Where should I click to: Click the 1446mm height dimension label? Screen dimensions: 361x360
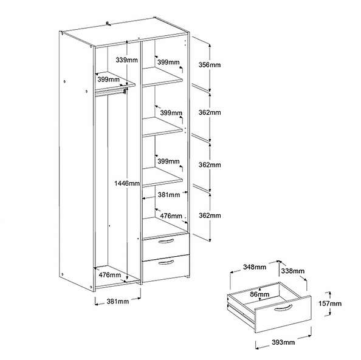(x=127, y=183)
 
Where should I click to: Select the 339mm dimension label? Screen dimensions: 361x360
(x=126, y=60)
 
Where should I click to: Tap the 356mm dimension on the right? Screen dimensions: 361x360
(x=210, y=65)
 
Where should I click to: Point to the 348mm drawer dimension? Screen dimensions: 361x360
(x=255, y=267)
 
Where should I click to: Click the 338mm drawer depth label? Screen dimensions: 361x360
(x=292, y=271)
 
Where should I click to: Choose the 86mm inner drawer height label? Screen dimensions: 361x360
(x=260, y=294)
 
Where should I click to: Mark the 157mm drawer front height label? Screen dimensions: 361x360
(x=329, y=304)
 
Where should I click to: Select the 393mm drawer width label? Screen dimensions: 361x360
(x=283, y=342)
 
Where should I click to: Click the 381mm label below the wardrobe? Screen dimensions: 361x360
(x=118, y=301)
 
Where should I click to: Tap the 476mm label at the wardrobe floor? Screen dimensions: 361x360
(x=110, y=274)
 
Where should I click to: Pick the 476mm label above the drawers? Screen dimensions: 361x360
(x=171, y=216)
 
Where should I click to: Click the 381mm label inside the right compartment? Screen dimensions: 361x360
(x=169, y=195)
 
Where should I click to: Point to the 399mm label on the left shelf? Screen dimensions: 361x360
(x=108, y=80)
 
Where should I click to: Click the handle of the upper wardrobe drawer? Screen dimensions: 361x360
(x=166, y=241)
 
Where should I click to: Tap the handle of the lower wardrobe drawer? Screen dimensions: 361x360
(x=166, y=262)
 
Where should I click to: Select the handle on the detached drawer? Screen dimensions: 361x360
(x=283, y=308)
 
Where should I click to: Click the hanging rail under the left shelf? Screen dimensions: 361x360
(x=110, y=92)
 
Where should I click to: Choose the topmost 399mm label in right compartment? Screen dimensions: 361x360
(x=168, y=62)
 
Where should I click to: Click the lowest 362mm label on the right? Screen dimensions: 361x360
(x=210, y=216)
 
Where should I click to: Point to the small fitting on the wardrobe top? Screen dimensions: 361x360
(x=108, y=24)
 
